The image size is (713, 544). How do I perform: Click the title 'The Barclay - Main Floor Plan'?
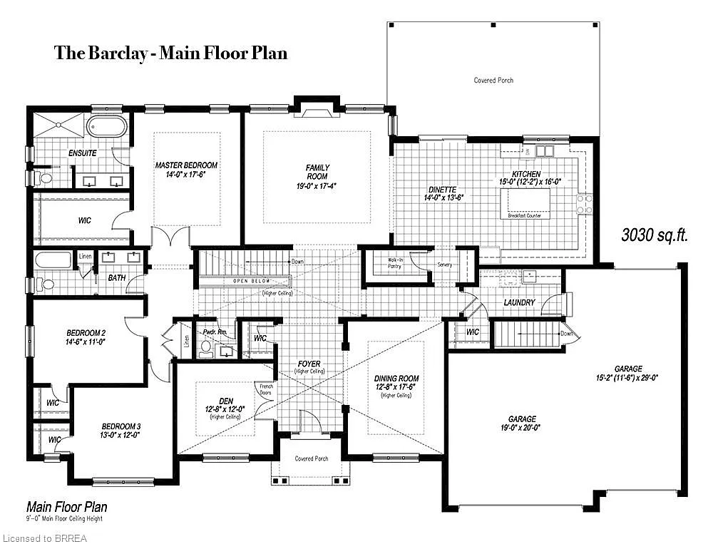click(170, 53)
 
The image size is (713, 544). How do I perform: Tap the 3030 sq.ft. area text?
click(654, 235)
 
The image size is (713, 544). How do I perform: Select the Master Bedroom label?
click(186, 170)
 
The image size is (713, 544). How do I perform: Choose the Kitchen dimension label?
click(530, 178)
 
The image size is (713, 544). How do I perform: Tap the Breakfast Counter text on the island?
click(527, 215)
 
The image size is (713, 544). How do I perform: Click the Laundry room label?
click(519, 302)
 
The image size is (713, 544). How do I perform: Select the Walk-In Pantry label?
click(395, 263)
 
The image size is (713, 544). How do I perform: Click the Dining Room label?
click(396, 383)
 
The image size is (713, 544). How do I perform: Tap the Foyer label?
click(309, 367)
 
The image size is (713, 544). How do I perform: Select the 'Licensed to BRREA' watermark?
click(44, 538)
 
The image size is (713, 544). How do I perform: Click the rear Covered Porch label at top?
click(493, 81)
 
